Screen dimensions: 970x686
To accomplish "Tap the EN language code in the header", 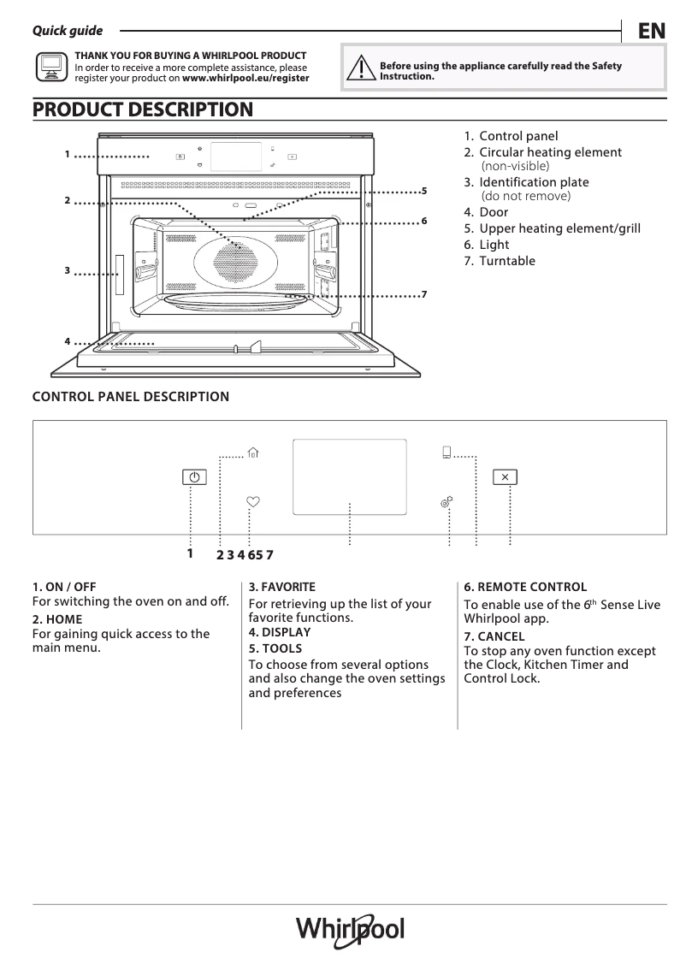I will click(651, 32).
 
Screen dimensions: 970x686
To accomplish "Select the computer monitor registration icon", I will click(50, 67).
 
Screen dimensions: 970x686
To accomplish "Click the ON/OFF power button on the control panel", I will click(194, 477).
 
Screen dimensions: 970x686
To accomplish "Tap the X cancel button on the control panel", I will click(505, 477).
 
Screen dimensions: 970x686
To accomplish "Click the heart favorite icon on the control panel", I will click(252, 503).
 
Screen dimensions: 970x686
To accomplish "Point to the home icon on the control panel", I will click(252, 453).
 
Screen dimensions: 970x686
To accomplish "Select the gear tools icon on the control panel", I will click(446, 503).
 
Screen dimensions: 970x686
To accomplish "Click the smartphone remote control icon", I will click(446, 452).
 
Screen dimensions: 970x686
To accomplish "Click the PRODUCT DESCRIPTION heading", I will click(142, 109).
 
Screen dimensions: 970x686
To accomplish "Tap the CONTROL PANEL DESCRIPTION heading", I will click(130, 397).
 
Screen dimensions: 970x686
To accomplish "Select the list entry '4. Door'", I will click(486, 212).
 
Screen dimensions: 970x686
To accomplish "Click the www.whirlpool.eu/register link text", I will click(245, 77).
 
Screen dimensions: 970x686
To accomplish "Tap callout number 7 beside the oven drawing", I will click(423, 295).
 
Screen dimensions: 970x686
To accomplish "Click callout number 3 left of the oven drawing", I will click(66, 270).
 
